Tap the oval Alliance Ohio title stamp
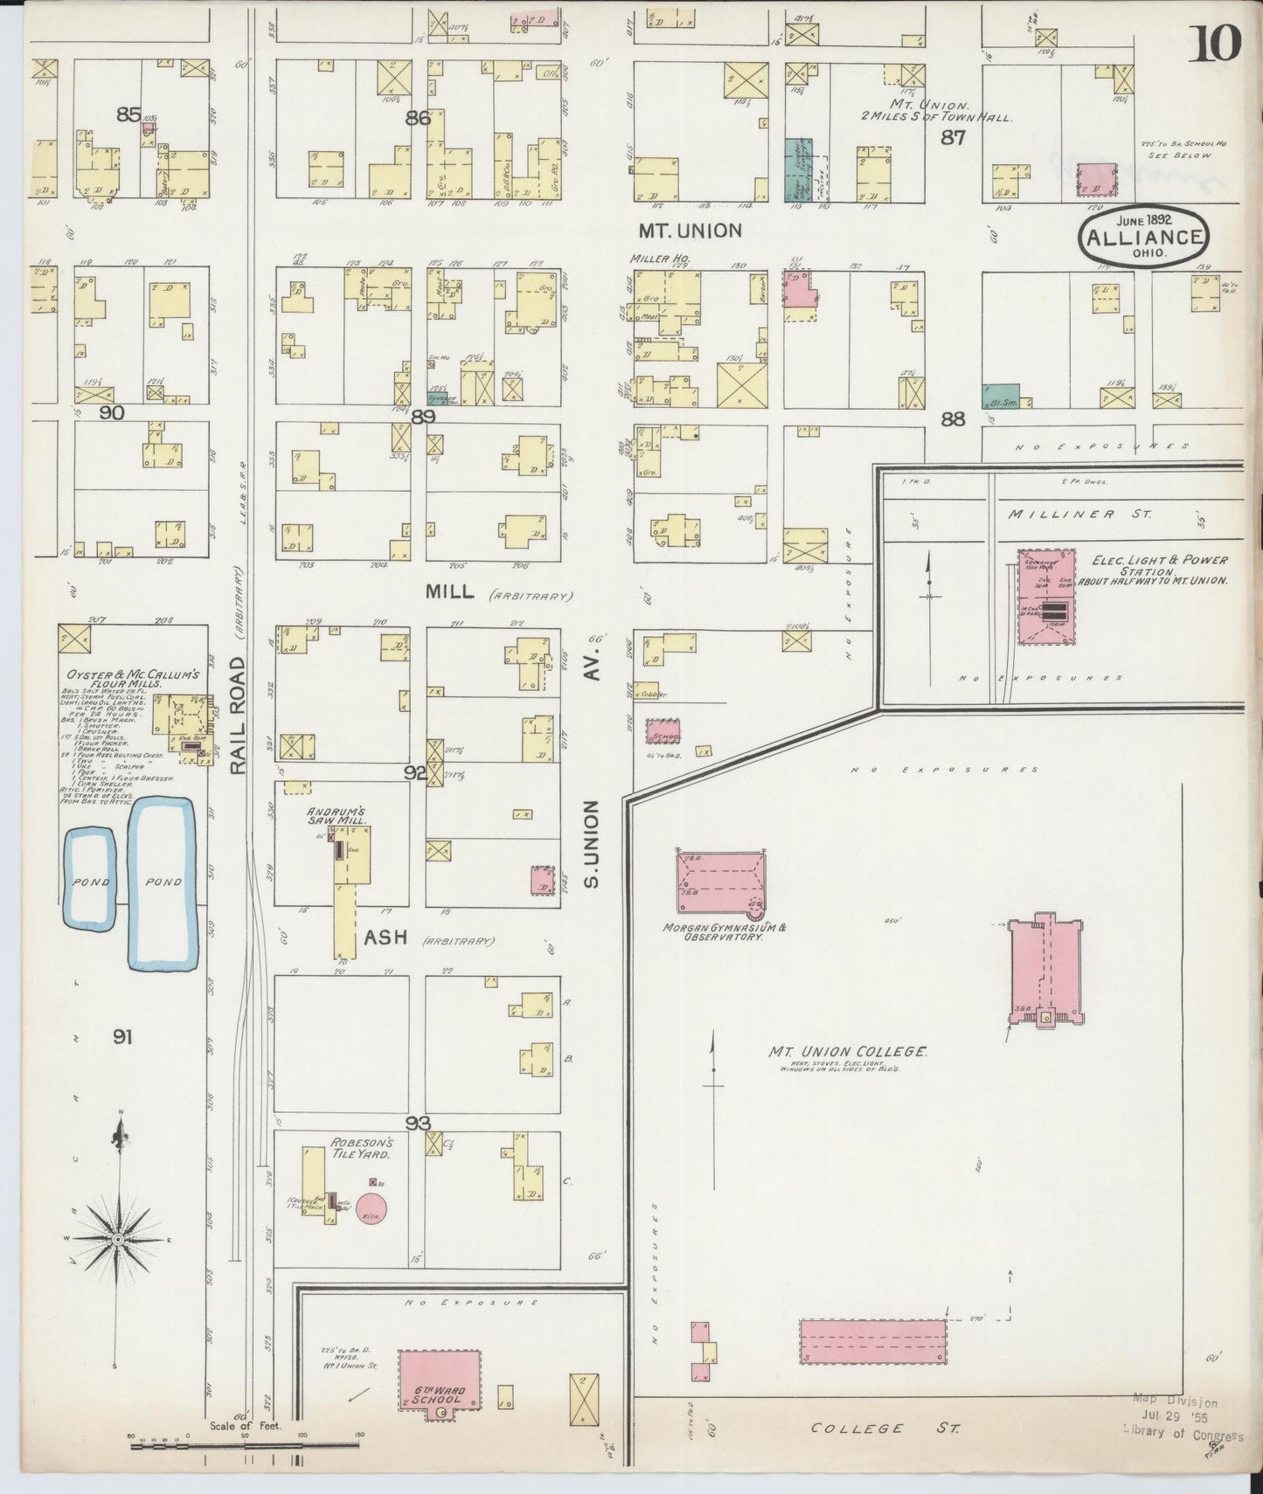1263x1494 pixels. click(1145, 238)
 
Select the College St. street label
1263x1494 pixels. click(885, 1428)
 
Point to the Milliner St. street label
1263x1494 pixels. click(1079, 515)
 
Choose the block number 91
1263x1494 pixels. click(122, 1037)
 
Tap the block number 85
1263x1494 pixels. click(128, 114)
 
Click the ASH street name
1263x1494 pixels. click(385, 937)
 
